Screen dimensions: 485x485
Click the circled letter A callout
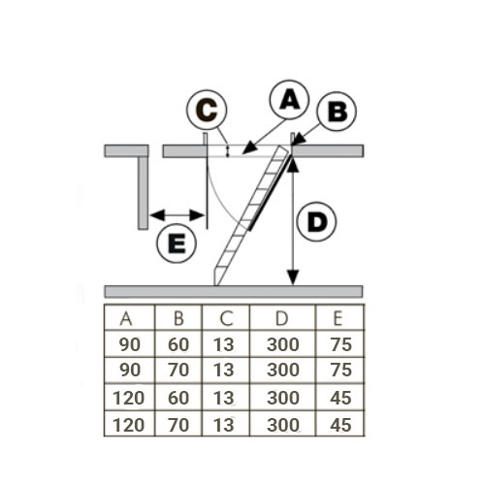289,100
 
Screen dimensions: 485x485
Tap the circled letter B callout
337,112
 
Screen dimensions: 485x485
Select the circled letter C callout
207,110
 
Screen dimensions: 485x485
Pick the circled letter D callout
317,222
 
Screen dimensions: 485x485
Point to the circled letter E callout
177,242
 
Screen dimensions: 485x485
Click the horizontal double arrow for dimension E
178,215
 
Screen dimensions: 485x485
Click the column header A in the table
126,318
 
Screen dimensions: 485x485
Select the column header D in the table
281,318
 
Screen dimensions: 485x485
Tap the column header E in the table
338,318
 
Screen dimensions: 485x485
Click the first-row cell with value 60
178,344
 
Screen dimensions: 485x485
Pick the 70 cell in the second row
178,370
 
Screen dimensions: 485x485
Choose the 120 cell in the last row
128,425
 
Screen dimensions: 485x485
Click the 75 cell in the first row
341,344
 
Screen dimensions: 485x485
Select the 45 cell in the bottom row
340,425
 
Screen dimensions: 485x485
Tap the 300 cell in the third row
283,398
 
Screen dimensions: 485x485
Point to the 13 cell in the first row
223,344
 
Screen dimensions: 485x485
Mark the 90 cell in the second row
130,370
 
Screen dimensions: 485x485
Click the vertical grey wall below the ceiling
143,193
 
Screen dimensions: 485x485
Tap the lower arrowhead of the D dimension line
293,278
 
